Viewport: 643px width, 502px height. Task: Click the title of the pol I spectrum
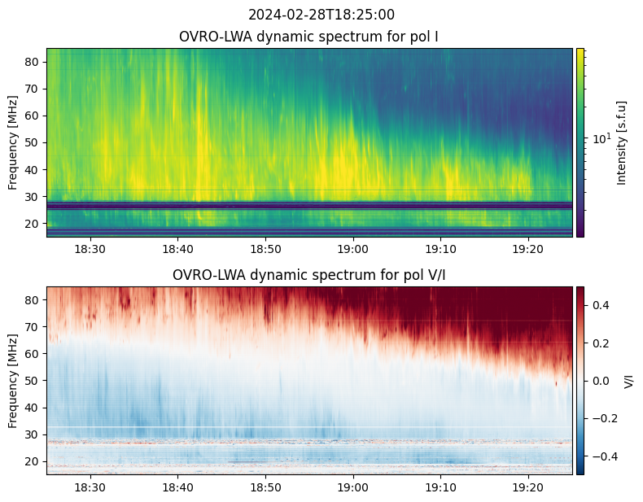point(309,37)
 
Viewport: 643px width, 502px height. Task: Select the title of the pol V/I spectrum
point(309,275)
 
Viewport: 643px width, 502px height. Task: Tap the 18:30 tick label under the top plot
point(90,249)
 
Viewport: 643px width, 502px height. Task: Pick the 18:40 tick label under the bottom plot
point(178,487)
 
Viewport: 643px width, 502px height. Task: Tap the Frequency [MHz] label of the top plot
point(13,142)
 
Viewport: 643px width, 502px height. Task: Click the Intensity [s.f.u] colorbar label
point(623,142)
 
